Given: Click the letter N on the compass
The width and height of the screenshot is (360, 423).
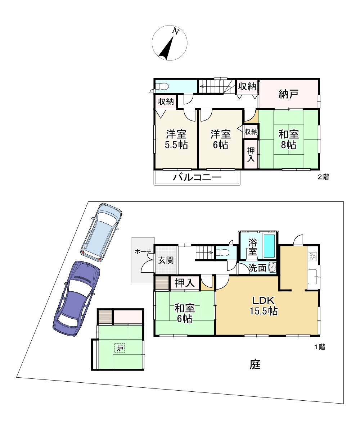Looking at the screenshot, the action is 176,31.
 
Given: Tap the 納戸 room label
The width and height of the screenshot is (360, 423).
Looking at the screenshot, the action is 288,94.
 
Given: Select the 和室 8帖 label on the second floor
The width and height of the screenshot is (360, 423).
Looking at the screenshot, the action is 288,140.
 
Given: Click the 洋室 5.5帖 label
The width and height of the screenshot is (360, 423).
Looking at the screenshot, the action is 176,140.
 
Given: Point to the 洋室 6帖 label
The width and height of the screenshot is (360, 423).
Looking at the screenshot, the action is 221,140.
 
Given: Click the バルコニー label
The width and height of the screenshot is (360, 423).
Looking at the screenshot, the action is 197,177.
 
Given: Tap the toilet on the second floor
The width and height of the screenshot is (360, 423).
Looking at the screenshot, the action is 162,86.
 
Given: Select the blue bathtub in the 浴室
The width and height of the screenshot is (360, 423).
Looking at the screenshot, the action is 269,246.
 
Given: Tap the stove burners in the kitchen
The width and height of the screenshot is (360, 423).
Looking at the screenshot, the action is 312,256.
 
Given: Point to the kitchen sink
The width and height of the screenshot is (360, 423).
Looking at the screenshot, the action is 312,277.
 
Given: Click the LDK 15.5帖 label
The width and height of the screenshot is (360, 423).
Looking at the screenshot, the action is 264,306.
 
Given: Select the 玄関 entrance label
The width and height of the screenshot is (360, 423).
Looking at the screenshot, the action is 166,260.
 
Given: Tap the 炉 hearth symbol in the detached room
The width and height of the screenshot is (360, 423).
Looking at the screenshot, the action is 120,348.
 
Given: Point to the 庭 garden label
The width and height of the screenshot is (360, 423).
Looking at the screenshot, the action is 255,364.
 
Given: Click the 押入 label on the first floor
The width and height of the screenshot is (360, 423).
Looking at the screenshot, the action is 185,283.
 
